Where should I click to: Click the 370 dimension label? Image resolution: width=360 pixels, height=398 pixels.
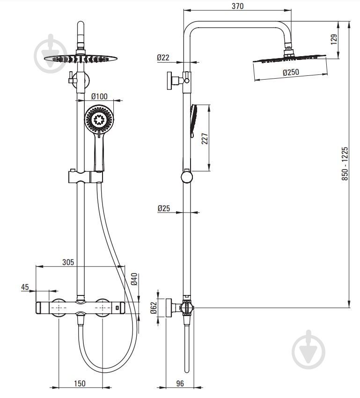tap(237, 6)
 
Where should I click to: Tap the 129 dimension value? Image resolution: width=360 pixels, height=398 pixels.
tap(334, 39)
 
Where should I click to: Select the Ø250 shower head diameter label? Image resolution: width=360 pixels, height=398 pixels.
tap(291, 72)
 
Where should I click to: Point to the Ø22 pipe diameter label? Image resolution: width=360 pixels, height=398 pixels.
tap(163, 58)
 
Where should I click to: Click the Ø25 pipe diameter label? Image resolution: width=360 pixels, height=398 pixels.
tap(164, 208)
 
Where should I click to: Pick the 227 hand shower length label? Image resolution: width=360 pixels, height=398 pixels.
tap(205, 138)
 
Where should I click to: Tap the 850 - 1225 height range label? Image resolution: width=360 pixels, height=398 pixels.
tap(345, 164)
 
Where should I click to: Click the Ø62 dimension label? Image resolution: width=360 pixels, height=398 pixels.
tap(154, 308)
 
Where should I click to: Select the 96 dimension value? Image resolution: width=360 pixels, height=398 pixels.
tap(180, 383)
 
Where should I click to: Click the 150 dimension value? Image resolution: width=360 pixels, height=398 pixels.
tap(80, 383)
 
